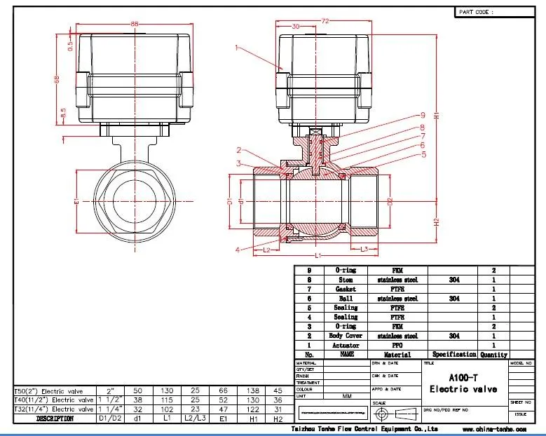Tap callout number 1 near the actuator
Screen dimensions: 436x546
[x=238, y=48]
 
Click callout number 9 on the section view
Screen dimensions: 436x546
[x=423, y=115]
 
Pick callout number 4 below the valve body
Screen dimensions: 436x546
[x=238, y=250]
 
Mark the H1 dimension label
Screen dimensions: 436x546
[x=435, y=115]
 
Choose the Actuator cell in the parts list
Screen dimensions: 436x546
[x=346, y=345]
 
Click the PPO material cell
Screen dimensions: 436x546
[x=396, y=345]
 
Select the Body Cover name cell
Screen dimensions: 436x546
[x=346, y=336]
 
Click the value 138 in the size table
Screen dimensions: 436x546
[x=254, y=390]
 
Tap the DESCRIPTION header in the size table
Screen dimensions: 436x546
[x=55, y=418]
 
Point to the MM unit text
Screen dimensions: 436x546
[x=346, y=396]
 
